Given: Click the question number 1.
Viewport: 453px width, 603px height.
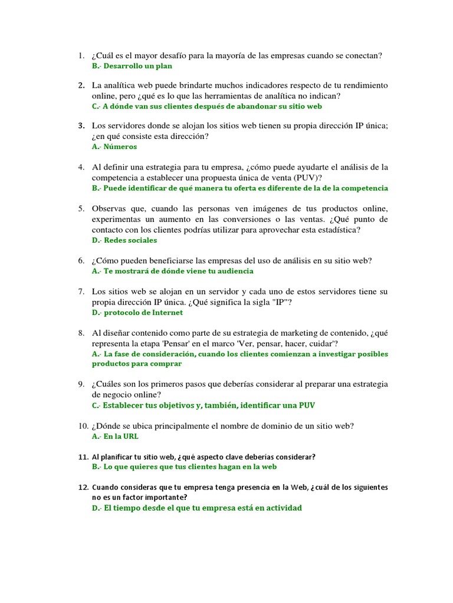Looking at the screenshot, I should click(x=80, y=56).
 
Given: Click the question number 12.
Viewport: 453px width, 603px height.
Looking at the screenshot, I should click(x=82, y=488).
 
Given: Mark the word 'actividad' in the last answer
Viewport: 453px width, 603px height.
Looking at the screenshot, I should click(x=280, y=508).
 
